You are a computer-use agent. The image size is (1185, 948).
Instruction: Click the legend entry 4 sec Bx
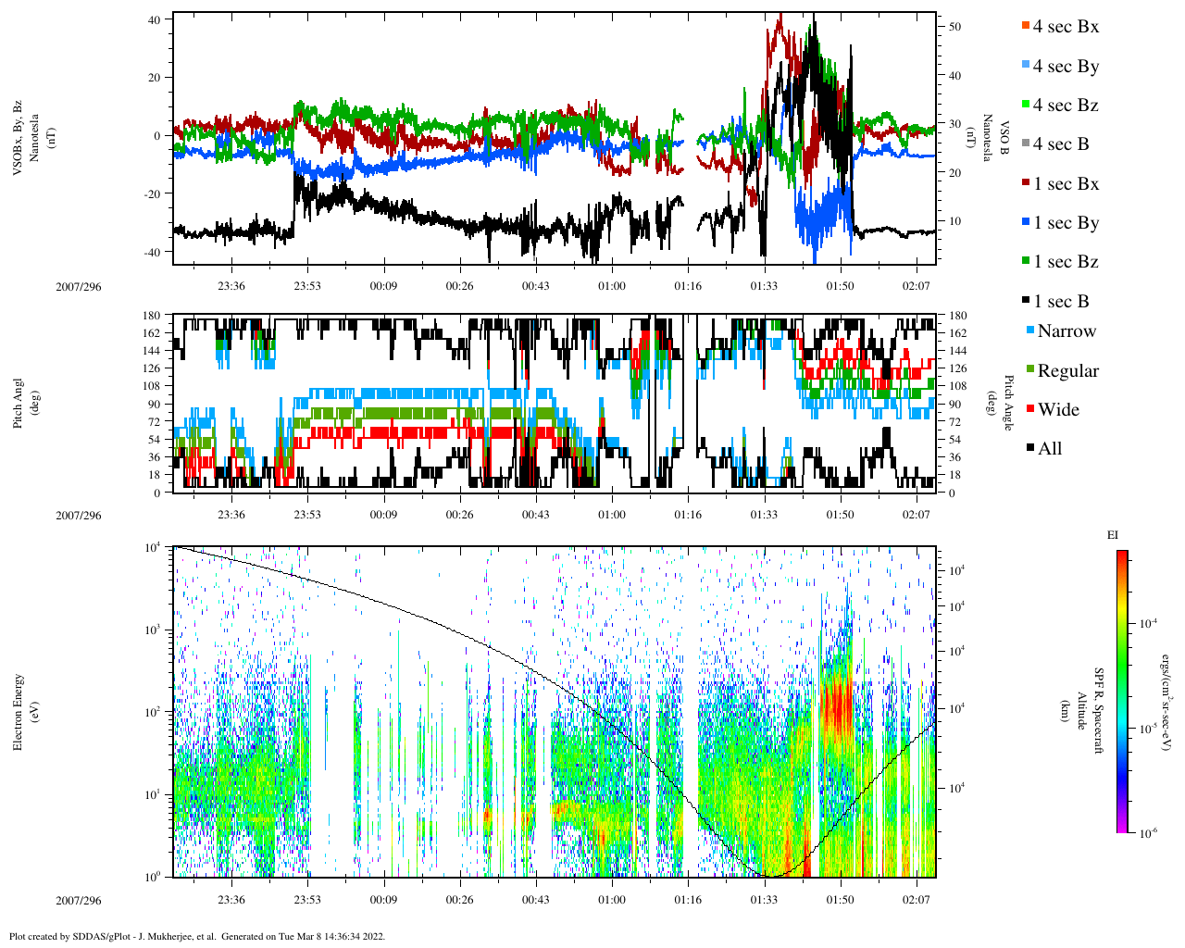coord(1065,27)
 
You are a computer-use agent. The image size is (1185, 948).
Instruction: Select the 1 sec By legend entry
coord(1065,223)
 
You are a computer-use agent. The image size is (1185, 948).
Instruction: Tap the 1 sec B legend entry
coord(1061,302)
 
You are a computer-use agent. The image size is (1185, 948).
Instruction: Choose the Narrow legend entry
coord(1066,331)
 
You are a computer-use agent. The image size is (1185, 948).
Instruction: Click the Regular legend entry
coord(1067,371)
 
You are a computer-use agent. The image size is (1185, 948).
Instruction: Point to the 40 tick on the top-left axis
coord(154,19)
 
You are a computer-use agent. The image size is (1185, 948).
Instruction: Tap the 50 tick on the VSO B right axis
coord(954,28)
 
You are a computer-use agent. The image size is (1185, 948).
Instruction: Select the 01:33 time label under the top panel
coord(764,286)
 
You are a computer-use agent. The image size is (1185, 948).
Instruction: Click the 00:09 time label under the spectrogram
coord(383,900)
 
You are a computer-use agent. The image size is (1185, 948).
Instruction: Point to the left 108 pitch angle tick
coord(152,386)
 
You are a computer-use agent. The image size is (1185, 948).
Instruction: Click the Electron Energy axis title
coord(18,711)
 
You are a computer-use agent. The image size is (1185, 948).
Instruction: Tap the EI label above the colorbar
coord(1113,535)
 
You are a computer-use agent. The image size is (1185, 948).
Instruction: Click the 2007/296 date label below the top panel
coord(78,287)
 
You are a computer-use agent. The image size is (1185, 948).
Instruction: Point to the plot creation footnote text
coord(196,936)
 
